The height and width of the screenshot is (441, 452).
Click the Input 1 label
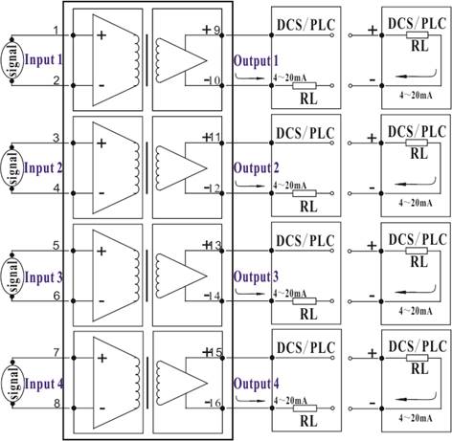coord(43,60)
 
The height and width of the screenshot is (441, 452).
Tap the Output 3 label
coord(256,276)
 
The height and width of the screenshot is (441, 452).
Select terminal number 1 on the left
coord(56,31)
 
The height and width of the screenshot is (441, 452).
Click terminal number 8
coord(56,404)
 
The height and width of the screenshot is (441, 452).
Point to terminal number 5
coord(56,246)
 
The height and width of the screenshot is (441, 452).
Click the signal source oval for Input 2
coord(12,168)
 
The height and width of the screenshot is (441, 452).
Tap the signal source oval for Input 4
coord(12,383)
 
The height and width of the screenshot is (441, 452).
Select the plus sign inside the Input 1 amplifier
coord(102,35)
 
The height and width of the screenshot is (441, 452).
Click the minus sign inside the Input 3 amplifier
coord(102,301)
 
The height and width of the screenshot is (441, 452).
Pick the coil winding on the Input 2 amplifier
coord(137,167)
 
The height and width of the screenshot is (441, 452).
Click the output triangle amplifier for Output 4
coord(181,383)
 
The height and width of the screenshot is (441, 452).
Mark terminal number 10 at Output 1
coord(215,80)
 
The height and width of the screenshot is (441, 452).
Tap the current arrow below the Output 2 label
coord(250,185)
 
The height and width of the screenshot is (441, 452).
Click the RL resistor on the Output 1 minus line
coord(305,85)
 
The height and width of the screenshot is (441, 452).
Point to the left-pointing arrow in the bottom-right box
coord(416,397)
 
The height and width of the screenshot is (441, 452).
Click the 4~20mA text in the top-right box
coord(416,95)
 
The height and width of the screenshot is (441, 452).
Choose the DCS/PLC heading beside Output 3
coord(305,241)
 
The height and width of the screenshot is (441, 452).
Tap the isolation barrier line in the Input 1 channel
coord(147,60)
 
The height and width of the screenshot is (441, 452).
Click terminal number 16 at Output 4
coord(215,404)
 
